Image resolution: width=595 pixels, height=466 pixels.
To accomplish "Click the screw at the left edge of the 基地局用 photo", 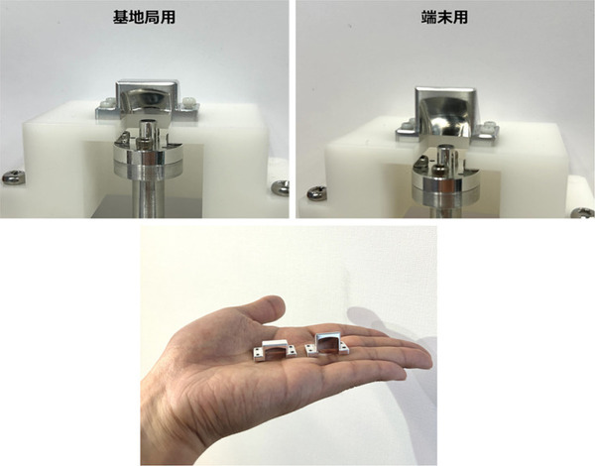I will pos(13,175).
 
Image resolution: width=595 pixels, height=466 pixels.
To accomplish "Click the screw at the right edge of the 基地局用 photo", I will pos(281,187).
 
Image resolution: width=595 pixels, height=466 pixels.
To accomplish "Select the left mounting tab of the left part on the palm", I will pos(255,352).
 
